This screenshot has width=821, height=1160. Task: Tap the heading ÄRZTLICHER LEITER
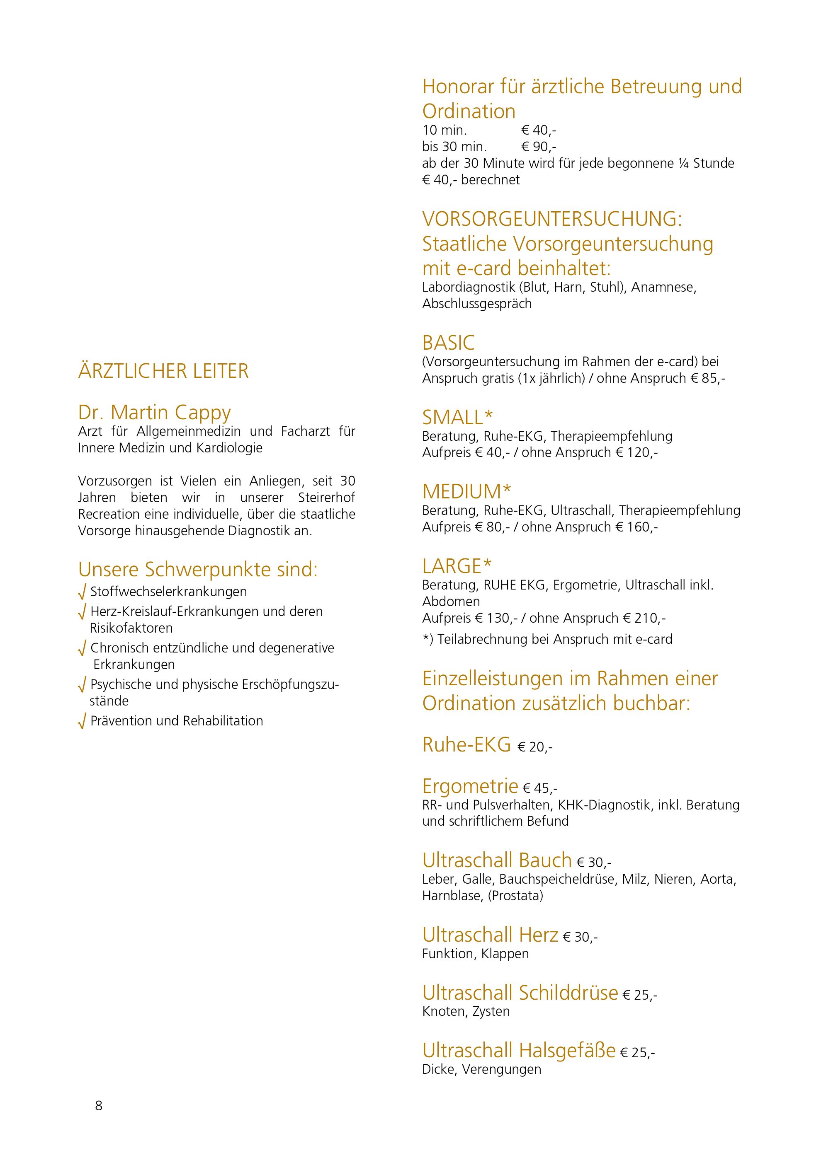[163, 371]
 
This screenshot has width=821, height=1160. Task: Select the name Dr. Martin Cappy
[154, 412]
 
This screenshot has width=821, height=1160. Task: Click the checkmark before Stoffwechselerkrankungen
[82, 592]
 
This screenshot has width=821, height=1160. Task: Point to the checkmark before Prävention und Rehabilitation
[82, 722]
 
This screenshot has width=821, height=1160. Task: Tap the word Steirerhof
[326, 497]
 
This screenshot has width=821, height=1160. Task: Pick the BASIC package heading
[448, 343]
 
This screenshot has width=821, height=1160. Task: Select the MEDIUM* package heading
[466, 491]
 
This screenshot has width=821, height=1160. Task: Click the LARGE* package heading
[457, 566]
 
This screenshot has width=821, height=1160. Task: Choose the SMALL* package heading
[457, 417]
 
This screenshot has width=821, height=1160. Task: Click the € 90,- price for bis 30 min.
[538, 147]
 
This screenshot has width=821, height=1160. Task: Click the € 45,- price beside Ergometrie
[540, 788]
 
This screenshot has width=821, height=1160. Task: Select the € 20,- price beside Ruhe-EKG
[535, 747]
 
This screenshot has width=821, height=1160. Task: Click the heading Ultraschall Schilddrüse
[520, 992]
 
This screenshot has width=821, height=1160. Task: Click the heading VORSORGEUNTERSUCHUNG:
[552, 219]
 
